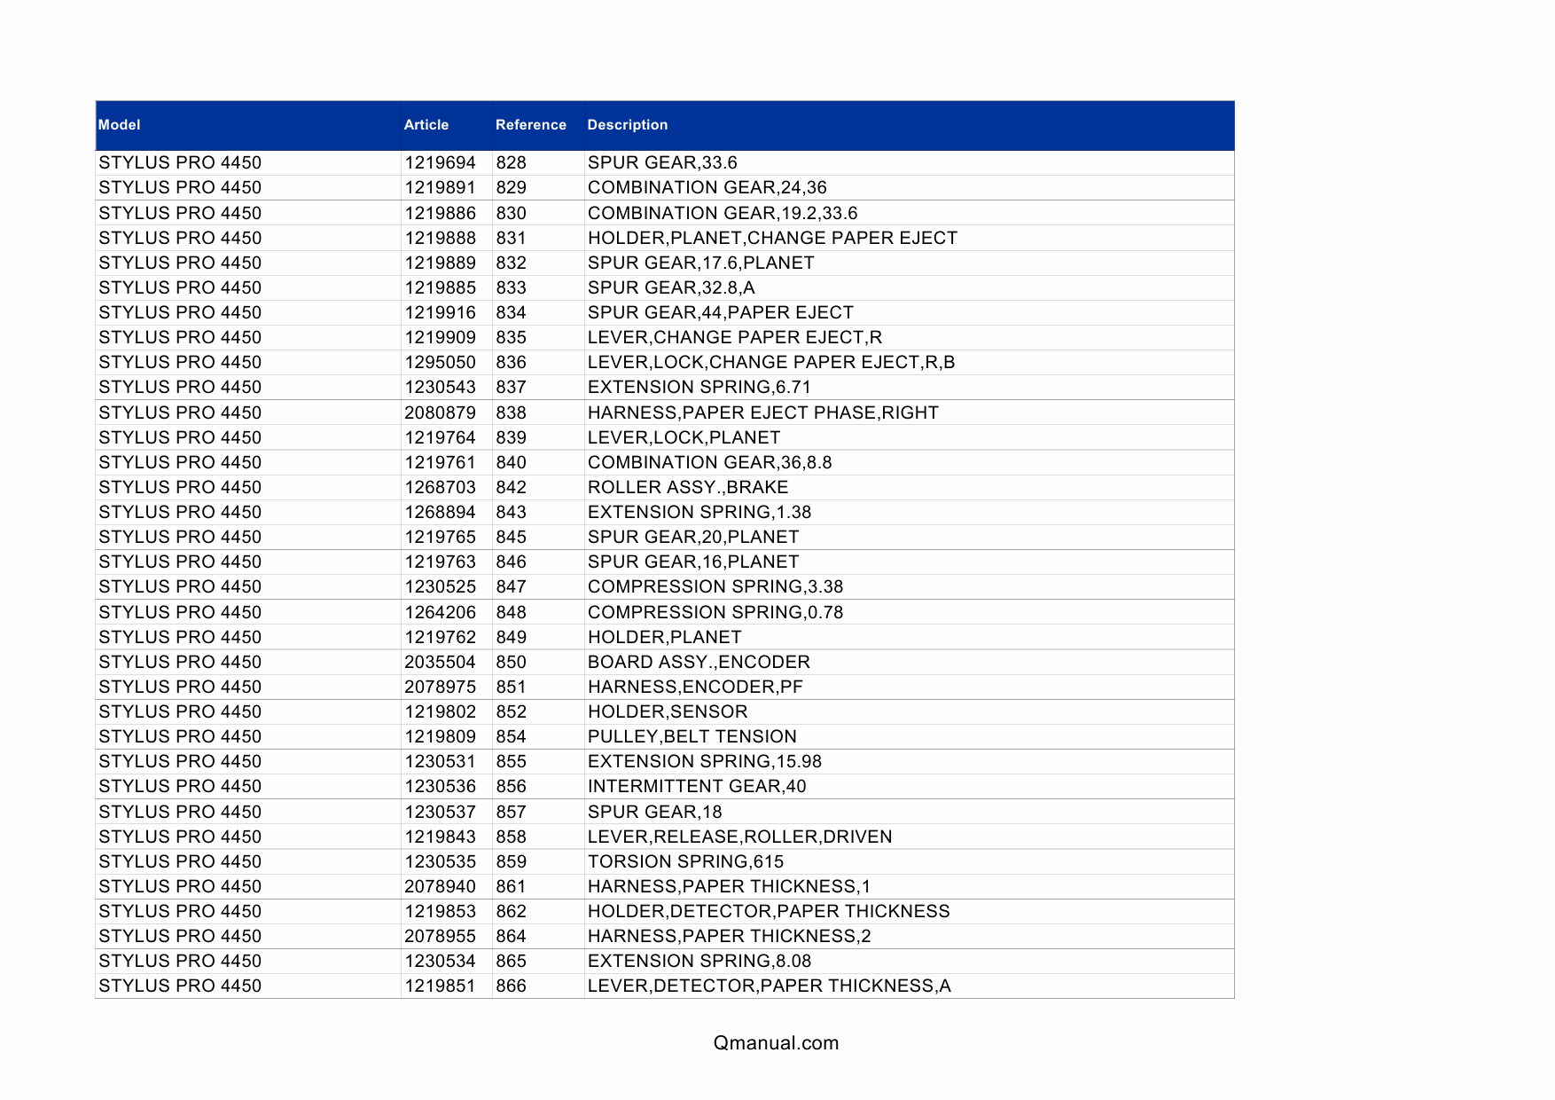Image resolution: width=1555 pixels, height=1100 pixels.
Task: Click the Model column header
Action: (120, 125)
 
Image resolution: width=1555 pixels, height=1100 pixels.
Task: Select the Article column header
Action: (426, 125)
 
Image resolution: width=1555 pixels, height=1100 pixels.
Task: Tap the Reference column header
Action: (530, 125)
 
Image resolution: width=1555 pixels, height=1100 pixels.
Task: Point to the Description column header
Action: (627, 125)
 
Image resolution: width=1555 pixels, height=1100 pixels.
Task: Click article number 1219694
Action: (440, 163)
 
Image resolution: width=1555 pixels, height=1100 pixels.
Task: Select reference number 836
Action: (512, 363)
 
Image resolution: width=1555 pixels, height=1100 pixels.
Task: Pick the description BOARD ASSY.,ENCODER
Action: (699, 663)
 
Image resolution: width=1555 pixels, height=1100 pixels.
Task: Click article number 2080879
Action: (440, 413)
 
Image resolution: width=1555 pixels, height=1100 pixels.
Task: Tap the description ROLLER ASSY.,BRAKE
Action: (688, 488)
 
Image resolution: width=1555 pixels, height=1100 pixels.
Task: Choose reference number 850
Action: (512, 663)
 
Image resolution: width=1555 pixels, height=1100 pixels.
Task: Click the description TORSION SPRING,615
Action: (685, 862)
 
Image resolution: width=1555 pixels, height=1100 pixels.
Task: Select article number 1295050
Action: (440, 363)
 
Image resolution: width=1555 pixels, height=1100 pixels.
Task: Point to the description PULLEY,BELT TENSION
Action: (692, 737)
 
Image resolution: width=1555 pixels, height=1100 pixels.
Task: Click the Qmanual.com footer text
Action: (776, 1043)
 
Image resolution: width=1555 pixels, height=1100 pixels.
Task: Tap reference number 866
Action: (512, 986)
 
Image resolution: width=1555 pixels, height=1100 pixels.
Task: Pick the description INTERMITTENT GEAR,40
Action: (697, 787)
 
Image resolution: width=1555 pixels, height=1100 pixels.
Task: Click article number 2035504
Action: (440, 663)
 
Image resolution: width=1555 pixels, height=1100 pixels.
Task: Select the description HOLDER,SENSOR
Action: (668, 712)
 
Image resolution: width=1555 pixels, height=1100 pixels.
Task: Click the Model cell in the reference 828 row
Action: (180, 163)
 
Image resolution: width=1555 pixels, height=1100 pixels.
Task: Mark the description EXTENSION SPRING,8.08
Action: (699, 962)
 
